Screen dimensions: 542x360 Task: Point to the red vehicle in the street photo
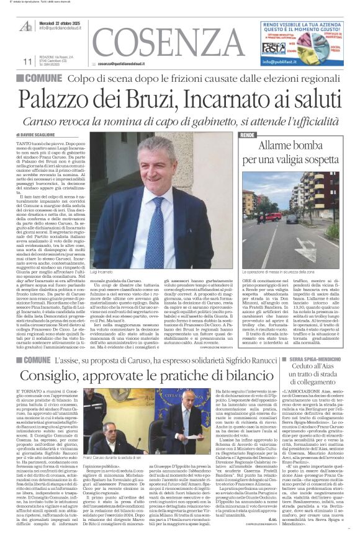point(274,216)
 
